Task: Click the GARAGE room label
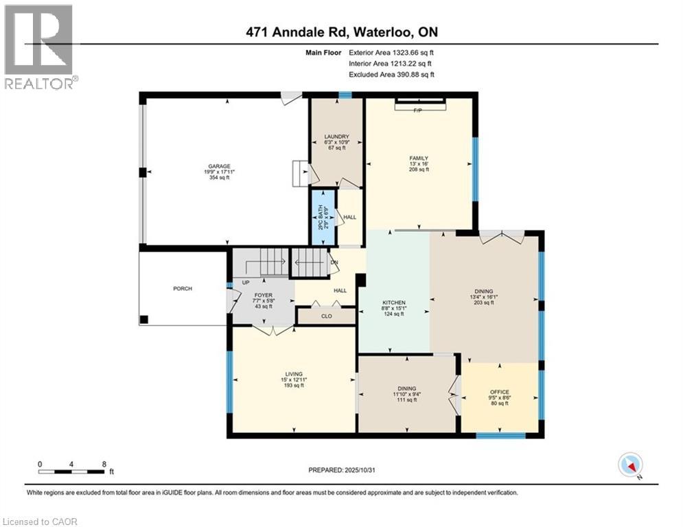220,166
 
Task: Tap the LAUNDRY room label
336,137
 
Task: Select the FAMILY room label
418,159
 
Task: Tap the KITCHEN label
393,303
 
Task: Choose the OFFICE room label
499,393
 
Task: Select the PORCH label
183,288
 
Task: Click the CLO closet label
326,317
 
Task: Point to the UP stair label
245,282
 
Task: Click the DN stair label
334,262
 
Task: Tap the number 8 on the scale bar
104,464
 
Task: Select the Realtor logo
39,47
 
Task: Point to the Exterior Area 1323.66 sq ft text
392,52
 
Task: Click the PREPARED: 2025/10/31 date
343,470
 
